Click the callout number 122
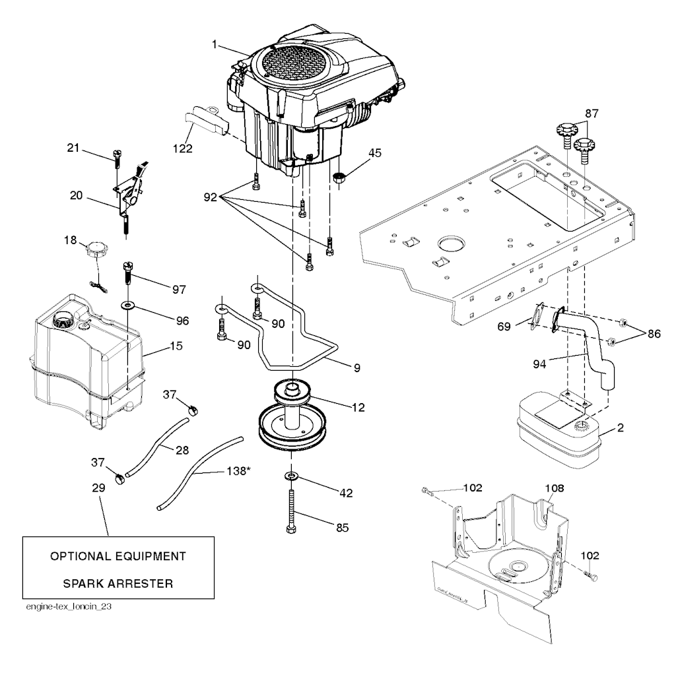tap(184, 149)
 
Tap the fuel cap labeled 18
tap(94, 250)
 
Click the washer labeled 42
tap(290, 476)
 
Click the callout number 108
tap(555, 488)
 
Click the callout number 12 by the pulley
tap(358, 408)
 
